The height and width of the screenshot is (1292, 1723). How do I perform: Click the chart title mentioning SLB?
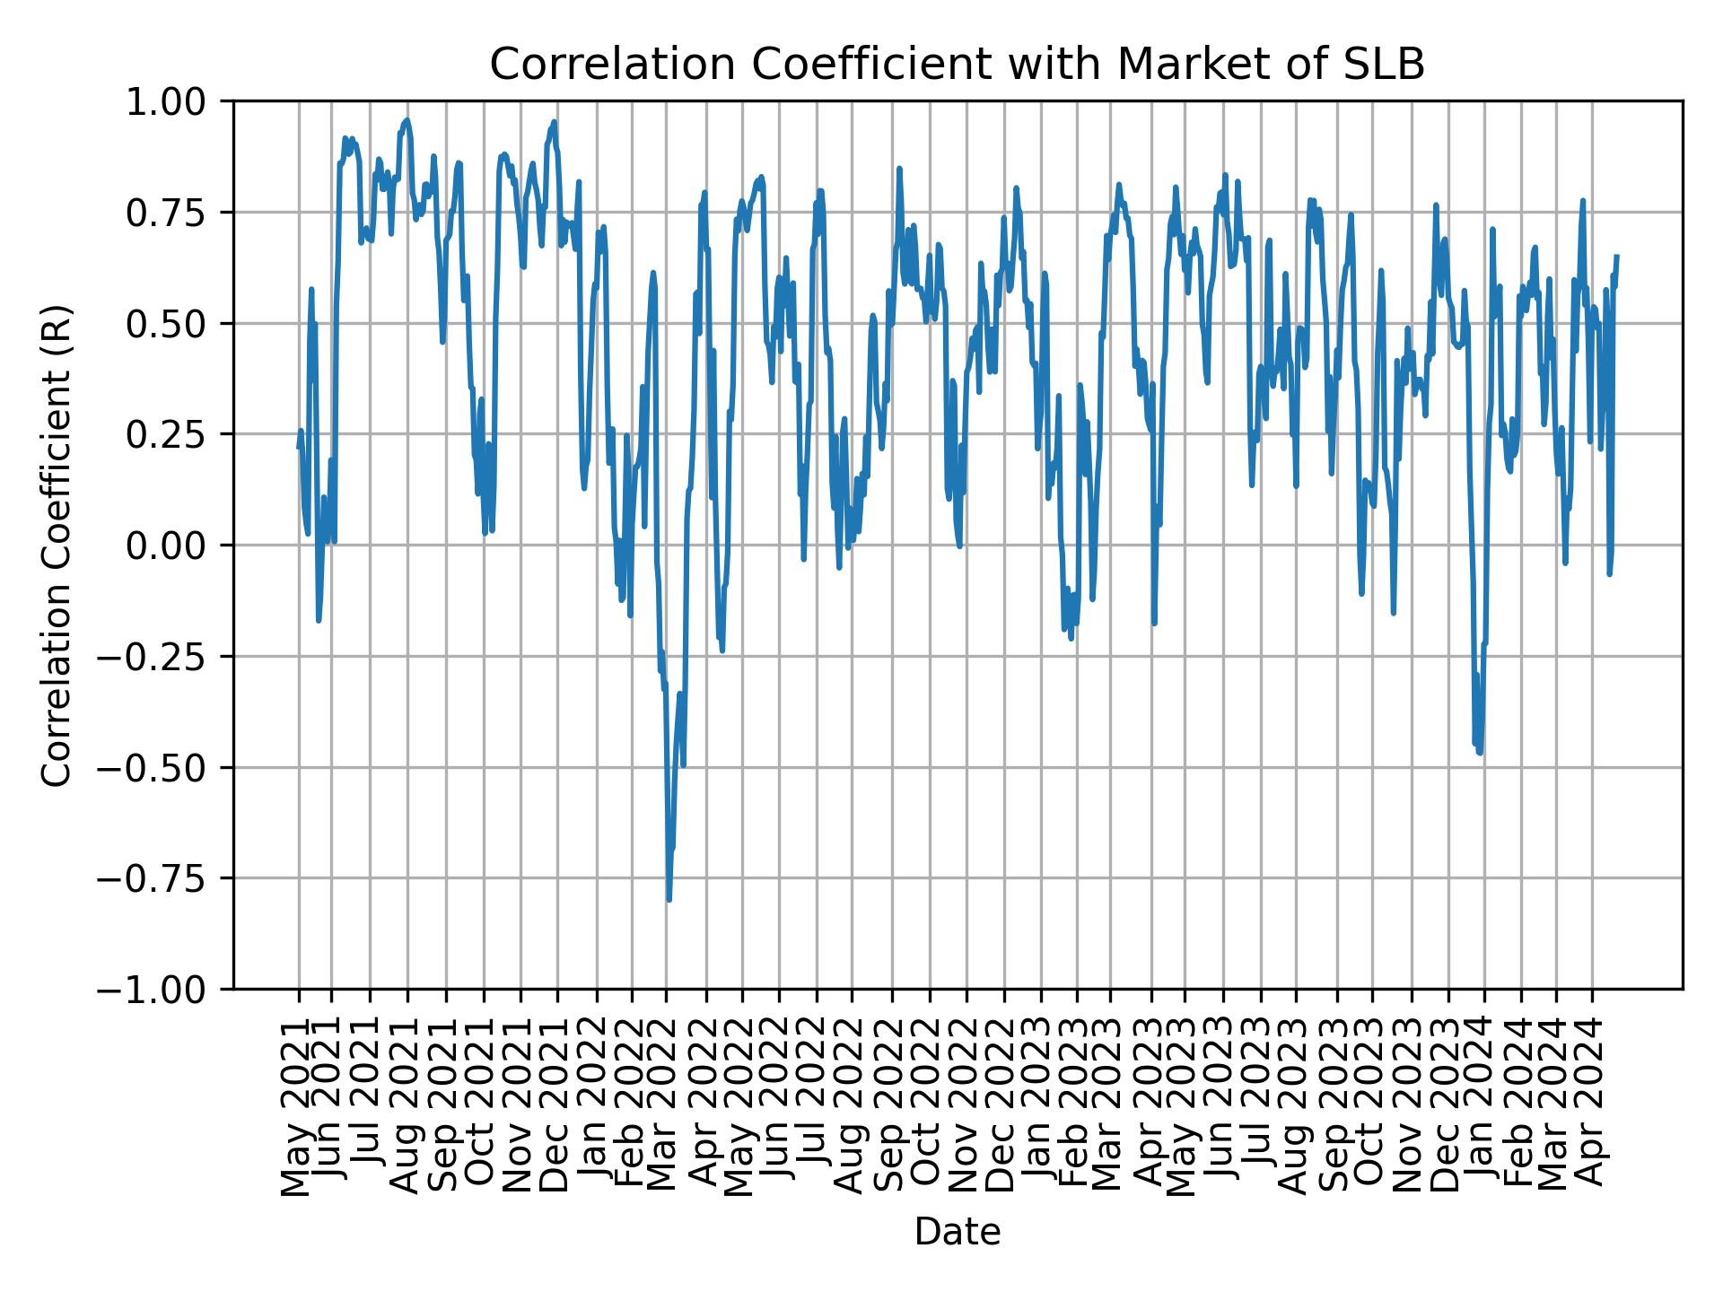(x=957, y=65)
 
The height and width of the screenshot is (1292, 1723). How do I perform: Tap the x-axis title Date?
(x=957, y=1232)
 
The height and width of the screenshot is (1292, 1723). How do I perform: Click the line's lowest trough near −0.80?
(x=669, y=899)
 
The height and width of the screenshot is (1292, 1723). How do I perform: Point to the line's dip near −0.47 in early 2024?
(x=1480, y=753)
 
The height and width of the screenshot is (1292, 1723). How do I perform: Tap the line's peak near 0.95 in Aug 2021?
(x=407, y=120)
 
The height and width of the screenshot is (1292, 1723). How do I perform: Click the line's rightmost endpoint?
(x=1617, y=257)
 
